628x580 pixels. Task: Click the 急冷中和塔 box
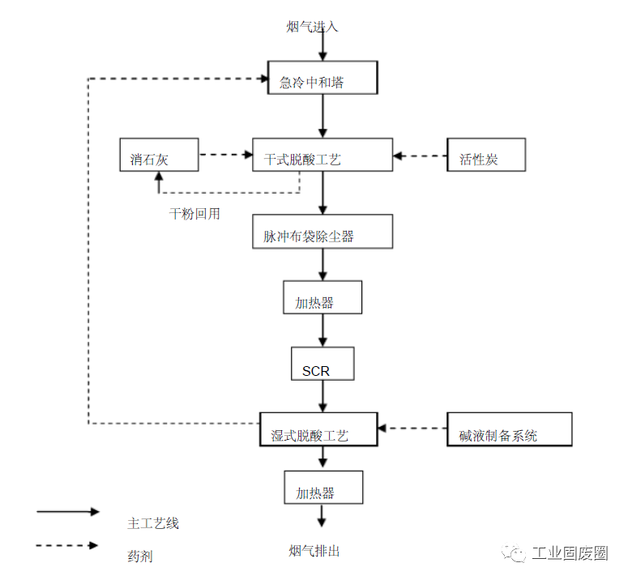323,79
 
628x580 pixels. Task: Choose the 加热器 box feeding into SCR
323,297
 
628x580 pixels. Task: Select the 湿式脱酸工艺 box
318,429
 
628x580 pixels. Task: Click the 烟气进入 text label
312,27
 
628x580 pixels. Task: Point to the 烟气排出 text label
314,551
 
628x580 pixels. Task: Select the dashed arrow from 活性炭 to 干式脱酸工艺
420,155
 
